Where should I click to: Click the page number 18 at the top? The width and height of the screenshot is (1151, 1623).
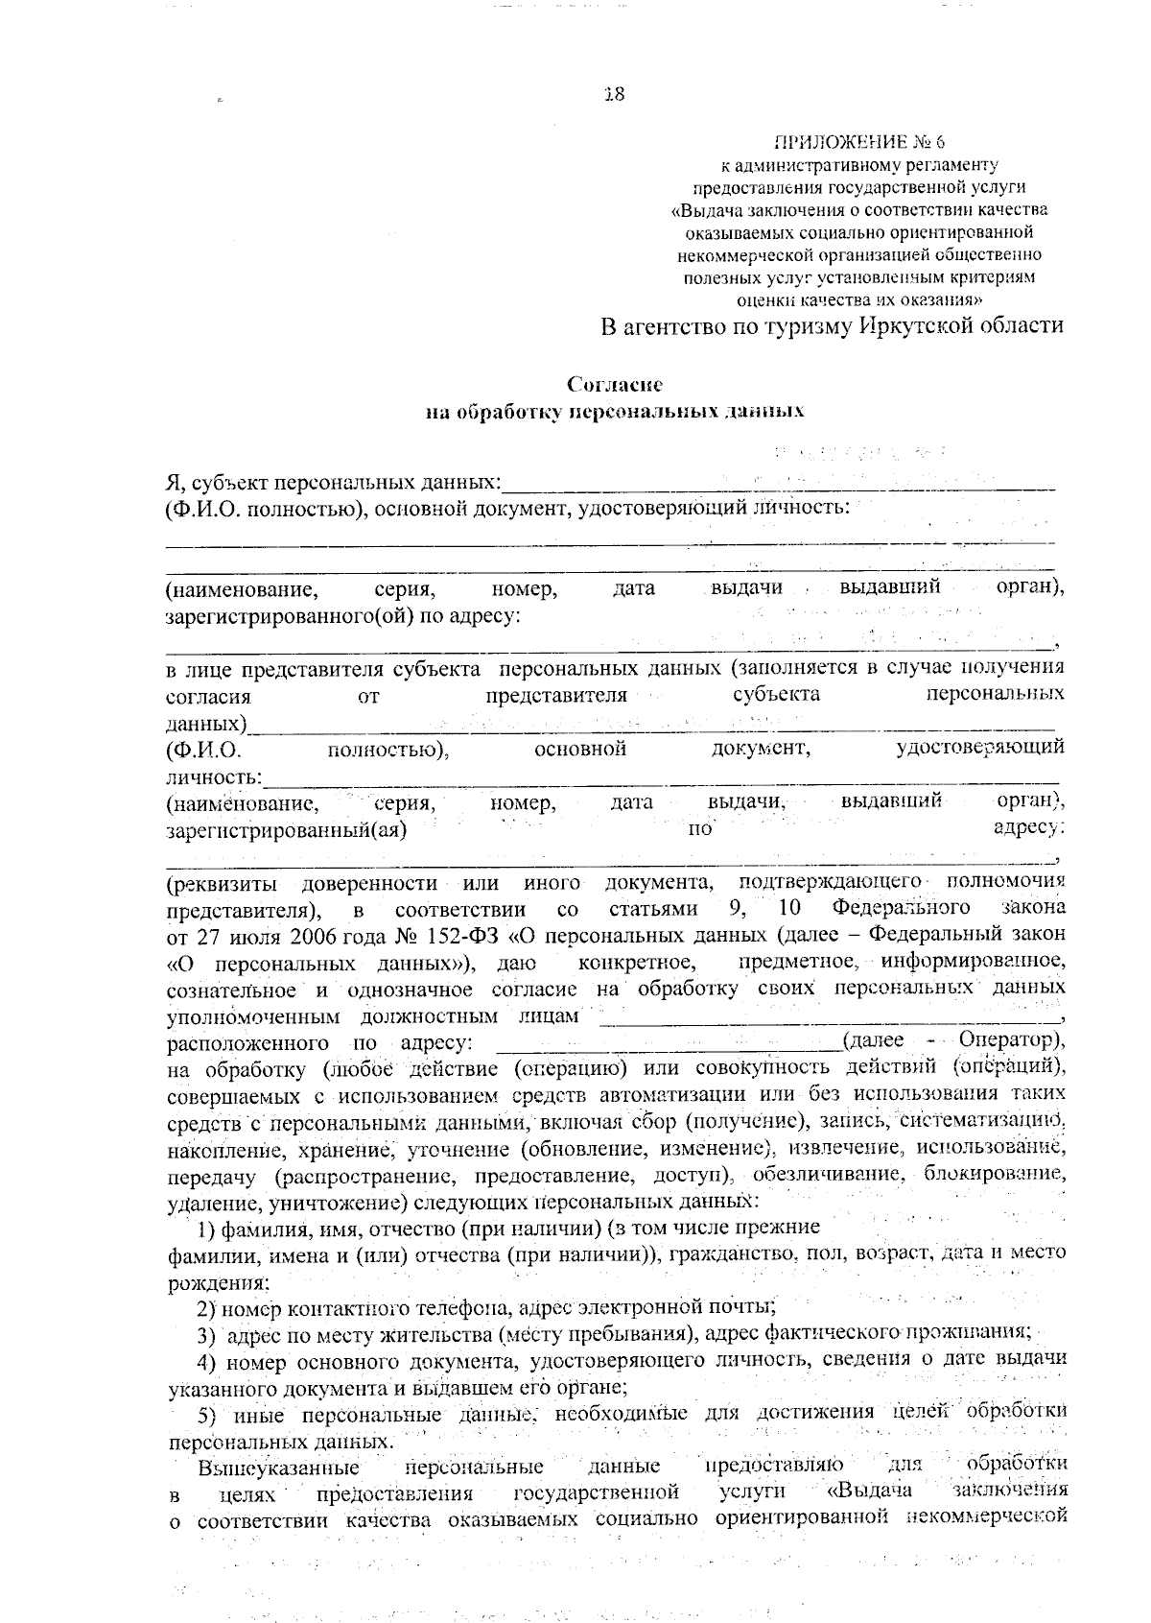pos(615,94)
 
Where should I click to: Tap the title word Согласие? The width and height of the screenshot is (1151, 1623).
pos(615,385)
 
